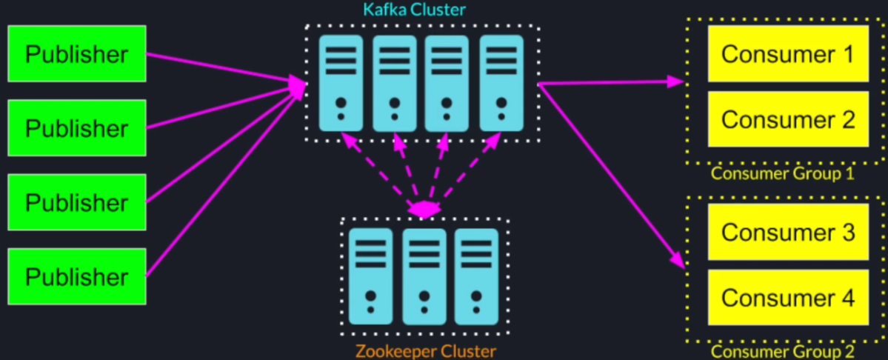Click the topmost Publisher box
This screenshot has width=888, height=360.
[77, 54]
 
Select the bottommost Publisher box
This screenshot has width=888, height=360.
[77, 276]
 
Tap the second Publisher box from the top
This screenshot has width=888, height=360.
[77, 128]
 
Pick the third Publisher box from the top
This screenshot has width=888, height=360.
[77, 202]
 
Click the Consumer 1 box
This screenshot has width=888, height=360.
[788, 54]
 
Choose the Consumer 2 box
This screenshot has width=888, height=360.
[788, 119]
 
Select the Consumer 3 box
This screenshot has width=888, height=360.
[788, 232]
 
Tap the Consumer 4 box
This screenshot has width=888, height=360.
[788, 297]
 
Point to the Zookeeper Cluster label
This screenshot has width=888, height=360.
[425, 351]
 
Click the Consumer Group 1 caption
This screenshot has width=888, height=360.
[782, 174]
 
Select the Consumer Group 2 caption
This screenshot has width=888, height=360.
[782, 352]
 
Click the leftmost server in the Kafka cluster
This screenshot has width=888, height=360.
[341, 83]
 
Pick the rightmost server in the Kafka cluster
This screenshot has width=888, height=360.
[501, 83]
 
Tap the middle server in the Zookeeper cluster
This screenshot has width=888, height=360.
[424, 276]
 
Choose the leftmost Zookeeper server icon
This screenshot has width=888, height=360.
[371, 276]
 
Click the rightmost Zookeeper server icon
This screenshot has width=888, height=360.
[476, 276]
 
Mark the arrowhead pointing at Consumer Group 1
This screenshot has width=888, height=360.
[675, 81]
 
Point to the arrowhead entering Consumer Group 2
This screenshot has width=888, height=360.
[676, 261]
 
